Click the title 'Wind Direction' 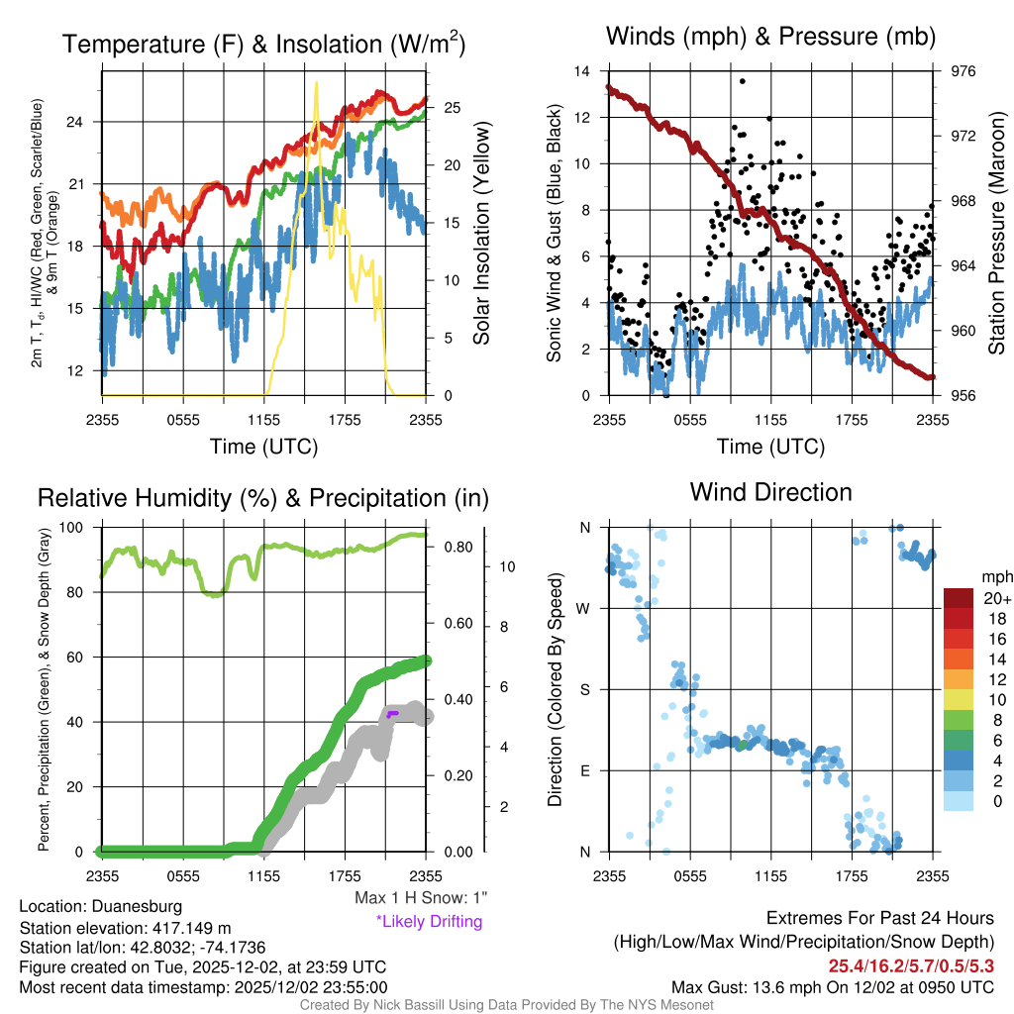(x=770, y=492)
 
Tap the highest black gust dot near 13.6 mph (x=742, y=81)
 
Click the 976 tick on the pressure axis (x=963, y=71)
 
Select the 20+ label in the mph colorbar (x=996, y=599)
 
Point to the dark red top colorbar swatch (x=960, y=598)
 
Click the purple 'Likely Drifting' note (x=429, y=921)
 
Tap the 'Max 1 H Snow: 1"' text (x=421, y=897)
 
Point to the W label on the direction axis (x=585, y=608)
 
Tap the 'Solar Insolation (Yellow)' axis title (x=482, y=233)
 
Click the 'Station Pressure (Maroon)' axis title (x=997, y=233)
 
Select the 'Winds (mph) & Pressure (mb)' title (x=770, y=38)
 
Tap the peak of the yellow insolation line (x=316, y=83)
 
